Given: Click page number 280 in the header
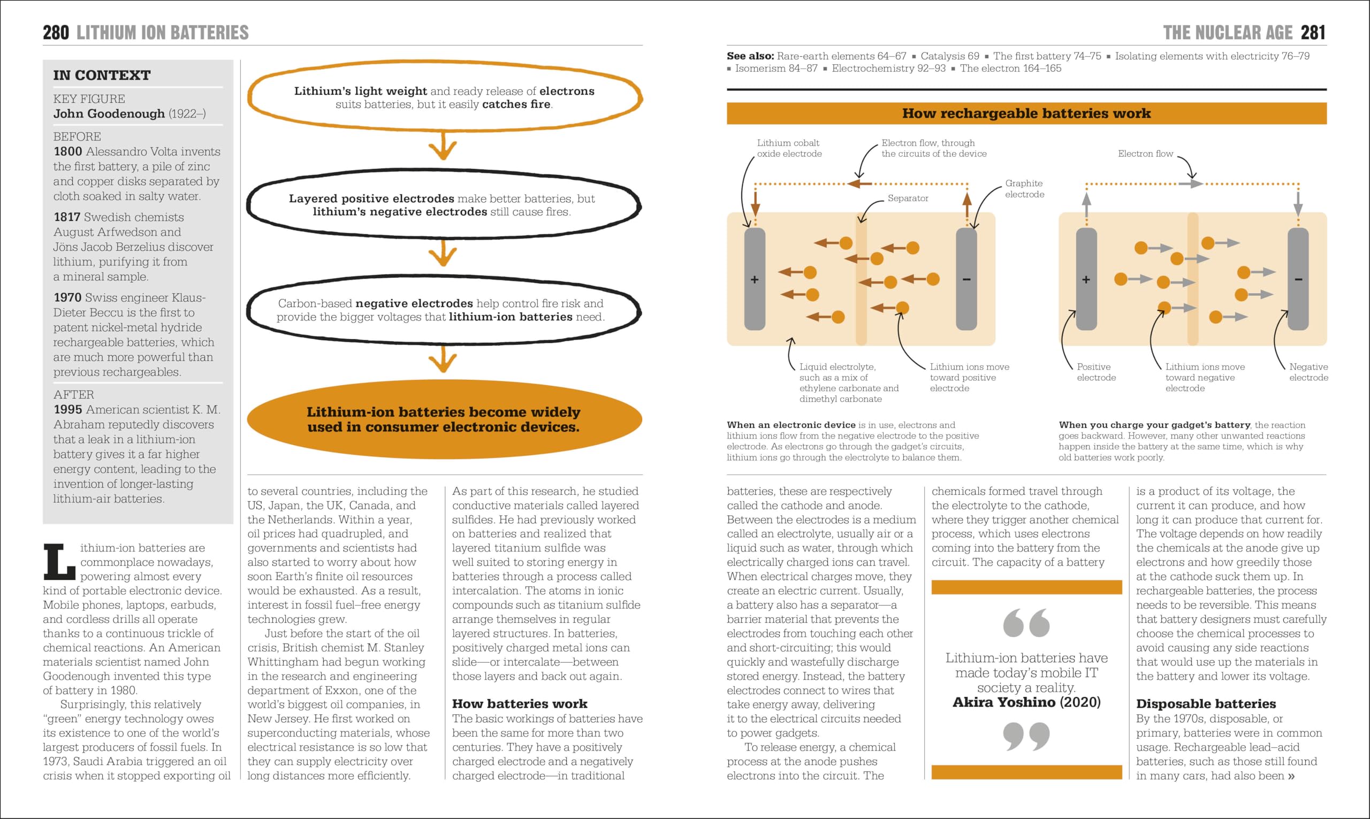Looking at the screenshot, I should click(56, 33).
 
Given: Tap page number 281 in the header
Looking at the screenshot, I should click(1313, 33).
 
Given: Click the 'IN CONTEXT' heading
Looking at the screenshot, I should click(102, 75).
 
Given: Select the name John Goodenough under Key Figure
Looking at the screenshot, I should click(109, 114).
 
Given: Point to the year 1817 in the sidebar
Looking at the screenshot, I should click(67, 217).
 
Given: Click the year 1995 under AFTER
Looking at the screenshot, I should click(67, 410).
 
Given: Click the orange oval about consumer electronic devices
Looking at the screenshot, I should click(444, 419).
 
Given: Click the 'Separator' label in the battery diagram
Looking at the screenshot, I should click(908, 198).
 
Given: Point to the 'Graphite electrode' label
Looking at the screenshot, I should click(1024, 189).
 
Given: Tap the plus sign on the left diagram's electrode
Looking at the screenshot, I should click(755, 280).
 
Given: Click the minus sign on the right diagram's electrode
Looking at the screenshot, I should click(1298, 280).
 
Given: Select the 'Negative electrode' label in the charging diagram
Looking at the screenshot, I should click(1308, 372).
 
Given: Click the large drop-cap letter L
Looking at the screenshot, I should click(59, 562).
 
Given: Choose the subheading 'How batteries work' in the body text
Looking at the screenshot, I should click(520, 703).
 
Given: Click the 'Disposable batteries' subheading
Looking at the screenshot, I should click(1206, 703).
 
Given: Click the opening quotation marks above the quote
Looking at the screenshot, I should click(1026, 623).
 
